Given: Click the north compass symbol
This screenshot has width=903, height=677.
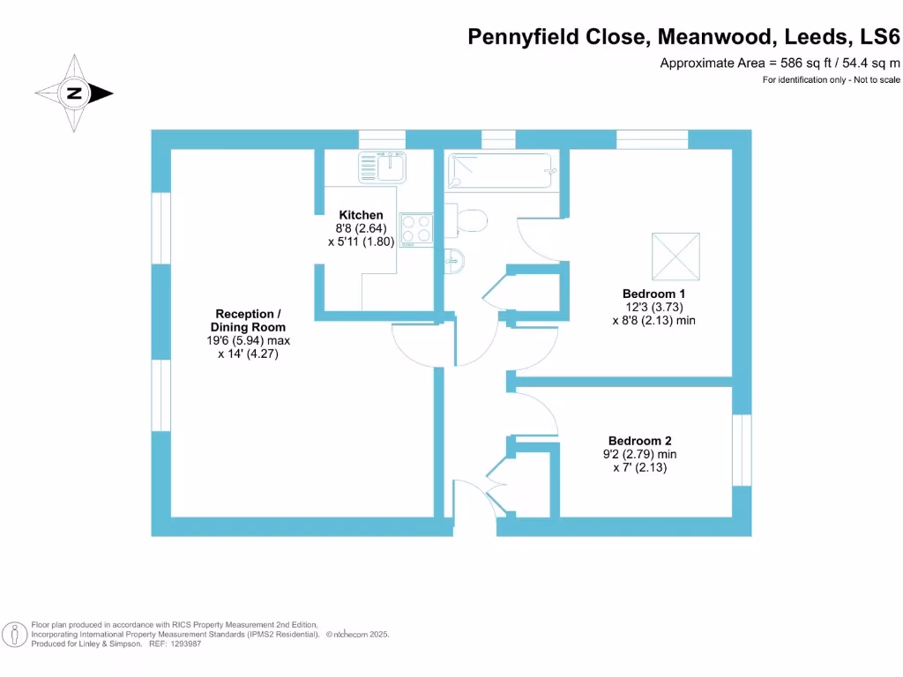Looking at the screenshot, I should (x=74, y=93).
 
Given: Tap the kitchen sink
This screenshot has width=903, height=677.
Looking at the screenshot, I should (x=382, y=167).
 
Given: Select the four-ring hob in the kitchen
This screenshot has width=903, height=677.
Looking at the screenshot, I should (x=416, y=229).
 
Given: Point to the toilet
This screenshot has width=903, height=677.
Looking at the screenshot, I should (x=468, y=219).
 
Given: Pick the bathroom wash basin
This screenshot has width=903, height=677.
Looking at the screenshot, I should (x=453, y=261).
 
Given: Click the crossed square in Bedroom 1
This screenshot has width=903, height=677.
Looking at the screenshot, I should (x=675, y=257).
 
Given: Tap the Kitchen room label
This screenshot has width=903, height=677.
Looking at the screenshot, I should (x=362, y=215).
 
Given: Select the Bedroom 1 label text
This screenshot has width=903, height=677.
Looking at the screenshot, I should (x=653, y=294).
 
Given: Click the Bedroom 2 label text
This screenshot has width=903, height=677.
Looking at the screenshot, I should (x=639, y=441).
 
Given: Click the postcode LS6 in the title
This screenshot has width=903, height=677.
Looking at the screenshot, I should (x=881, y=37).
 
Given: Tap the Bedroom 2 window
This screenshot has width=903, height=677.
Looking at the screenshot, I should (x=742, y=450).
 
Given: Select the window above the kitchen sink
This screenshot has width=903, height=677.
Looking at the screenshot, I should (x=382, y=138).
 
